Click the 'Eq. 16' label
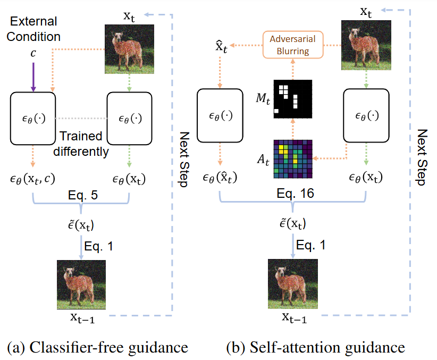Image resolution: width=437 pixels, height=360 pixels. pyautogui.click(x=292, y=194)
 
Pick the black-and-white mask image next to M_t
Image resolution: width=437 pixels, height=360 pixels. pyautogui.click(x=292, y=99)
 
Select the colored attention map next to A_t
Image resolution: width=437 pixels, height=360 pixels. pyautogui.click(x=292, y=159)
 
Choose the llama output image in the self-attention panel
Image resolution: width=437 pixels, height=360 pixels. pyautogui.click(x=293, y=283)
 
